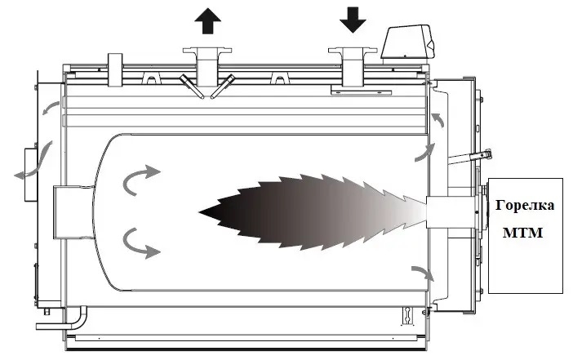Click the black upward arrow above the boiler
(x=207, y=21)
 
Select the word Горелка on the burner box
(x=525, y=206)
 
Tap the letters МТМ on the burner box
(x=522, y=233)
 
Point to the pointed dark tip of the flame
(x=200, y=212)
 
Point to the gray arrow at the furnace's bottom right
(x=424, y=273)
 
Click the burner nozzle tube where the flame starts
(x=438, y=212)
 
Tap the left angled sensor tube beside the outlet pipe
(x=192, y=87)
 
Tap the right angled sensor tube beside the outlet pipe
(x=223, y=87)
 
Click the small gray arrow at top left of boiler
(x=51, y=108)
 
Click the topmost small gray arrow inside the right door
(x=438, y=120)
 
